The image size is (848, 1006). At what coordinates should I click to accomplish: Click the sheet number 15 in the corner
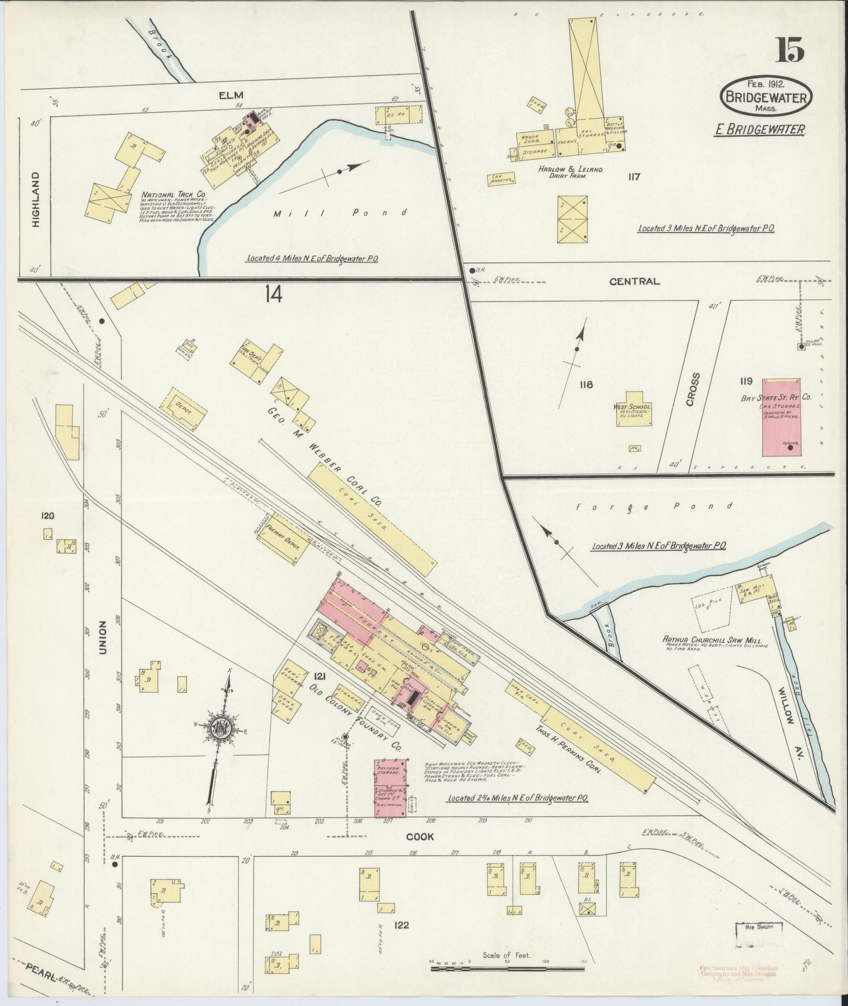(790, 50)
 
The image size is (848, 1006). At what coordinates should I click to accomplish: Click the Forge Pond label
(654, 506)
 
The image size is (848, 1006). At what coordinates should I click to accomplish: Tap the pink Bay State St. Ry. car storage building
(781, 417)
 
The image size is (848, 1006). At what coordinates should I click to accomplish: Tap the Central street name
(634, 282)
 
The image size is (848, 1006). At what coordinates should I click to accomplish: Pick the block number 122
(401, 926)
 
